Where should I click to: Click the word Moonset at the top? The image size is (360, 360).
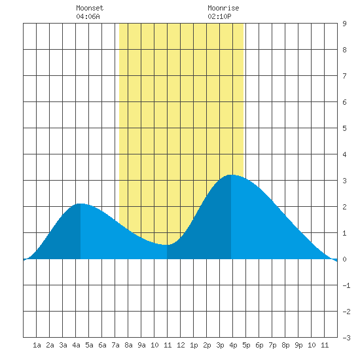click(x=90, y=8)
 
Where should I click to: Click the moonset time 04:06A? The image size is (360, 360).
click(x=88, y=16)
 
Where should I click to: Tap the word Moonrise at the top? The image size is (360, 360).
click(x=223, y=8)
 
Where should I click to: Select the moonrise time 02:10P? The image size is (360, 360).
click(x=219, y=16)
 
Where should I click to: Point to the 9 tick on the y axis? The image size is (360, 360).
click(x=344, y=24)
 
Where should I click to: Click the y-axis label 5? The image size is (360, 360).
click(x=344, y=128)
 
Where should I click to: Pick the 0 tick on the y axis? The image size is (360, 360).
click(x=344, y=259)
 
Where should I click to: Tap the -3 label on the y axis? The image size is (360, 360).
click(x=346, y=338)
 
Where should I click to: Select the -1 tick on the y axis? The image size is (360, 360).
click(x=346, y=285)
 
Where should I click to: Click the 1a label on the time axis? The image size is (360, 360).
click(x=37, y=345)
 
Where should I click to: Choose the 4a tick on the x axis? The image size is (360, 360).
click(x=76, y=345)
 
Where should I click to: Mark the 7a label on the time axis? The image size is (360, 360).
click(x=115, y=345)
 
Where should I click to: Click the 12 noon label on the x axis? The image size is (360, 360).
click(x=181, y=345)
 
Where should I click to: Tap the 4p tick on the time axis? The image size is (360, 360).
click(x=233, y=345)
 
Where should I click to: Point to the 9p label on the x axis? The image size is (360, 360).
click(x=298, y=345)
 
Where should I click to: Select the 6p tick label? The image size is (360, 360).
click(x=259, y=345)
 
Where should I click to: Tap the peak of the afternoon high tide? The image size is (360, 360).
click(x=231, y=175)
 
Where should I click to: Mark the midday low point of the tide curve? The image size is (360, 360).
click(x=166, y=245)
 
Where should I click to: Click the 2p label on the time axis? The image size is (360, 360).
click(x=207, y=345)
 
